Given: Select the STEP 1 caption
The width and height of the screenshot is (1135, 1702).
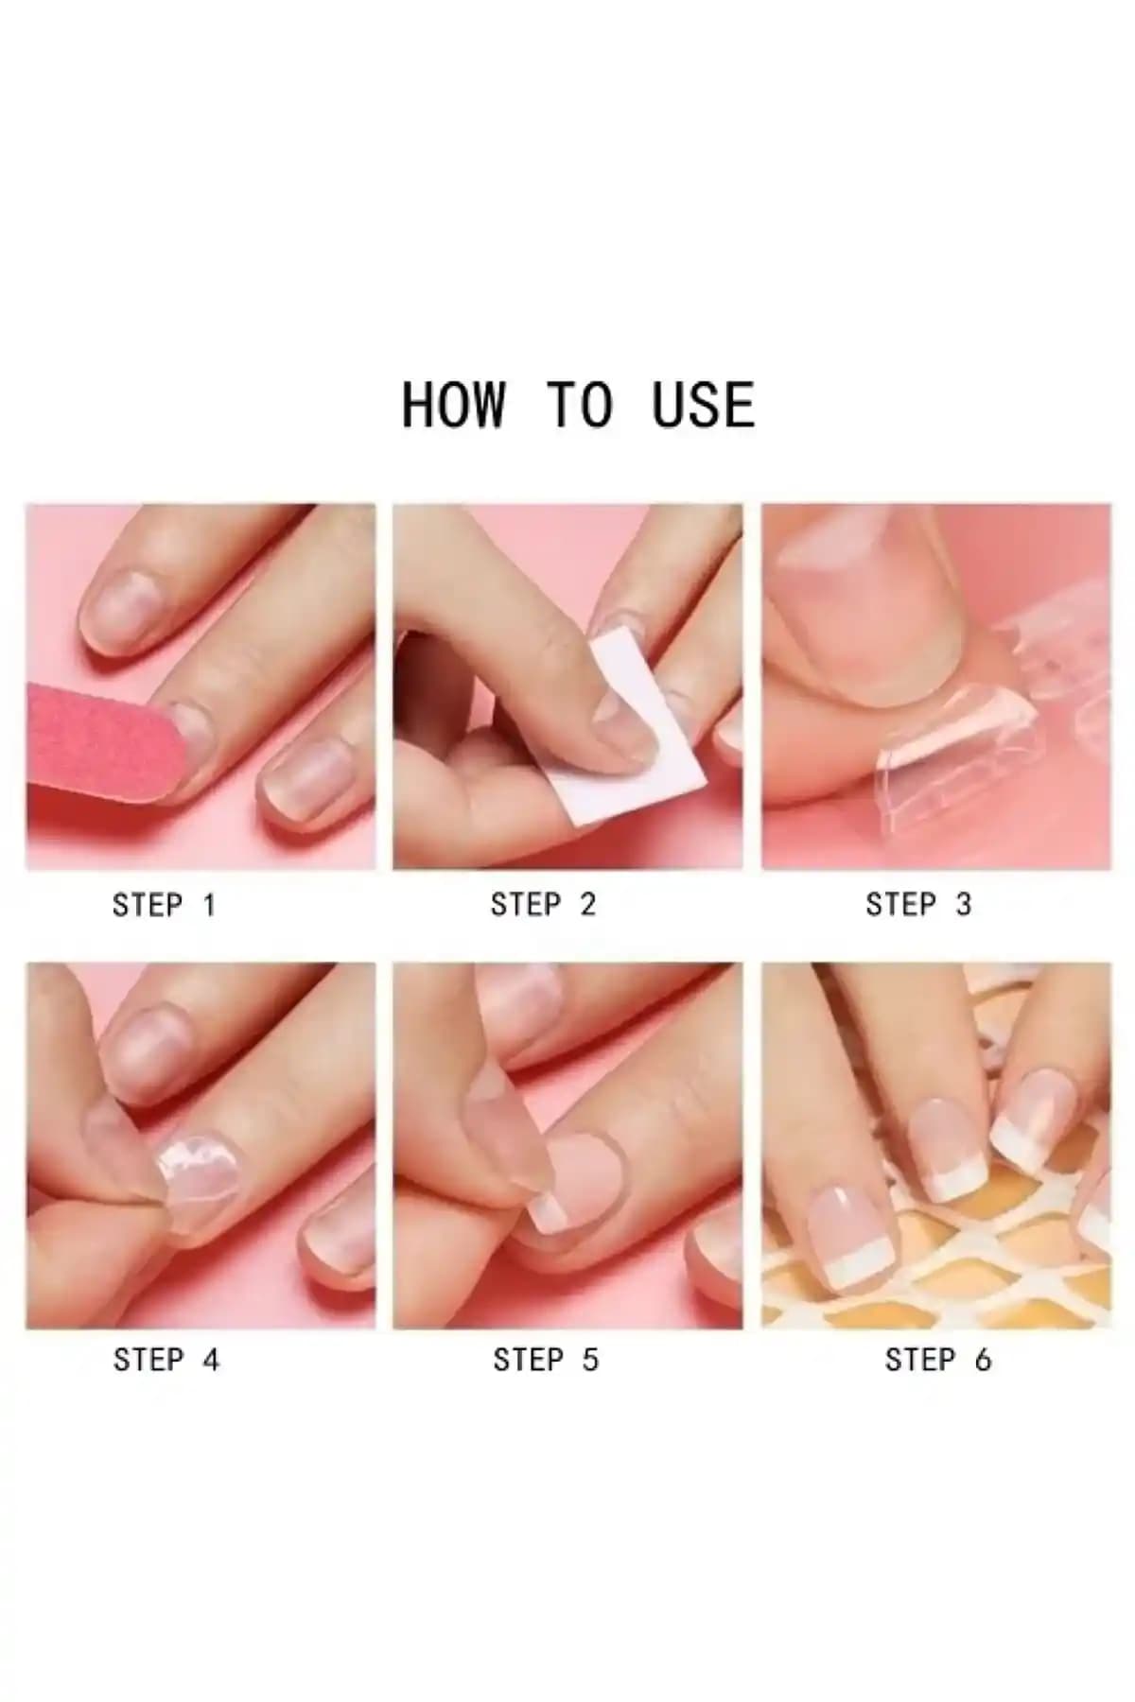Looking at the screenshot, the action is point(165,905).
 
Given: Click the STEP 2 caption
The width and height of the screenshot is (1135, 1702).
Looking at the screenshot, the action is point(543,905).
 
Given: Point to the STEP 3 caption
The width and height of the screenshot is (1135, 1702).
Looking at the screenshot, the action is point(918,905).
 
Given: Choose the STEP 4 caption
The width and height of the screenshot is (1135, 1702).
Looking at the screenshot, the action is point(166,1360).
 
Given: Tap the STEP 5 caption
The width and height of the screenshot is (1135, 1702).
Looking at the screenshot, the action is point(546,1360).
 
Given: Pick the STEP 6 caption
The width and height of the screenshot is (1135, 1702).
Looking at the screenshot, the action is point(938,1360).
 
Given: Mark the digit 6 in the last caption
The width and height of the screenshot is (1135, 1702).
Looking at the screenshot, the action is point(983,1360).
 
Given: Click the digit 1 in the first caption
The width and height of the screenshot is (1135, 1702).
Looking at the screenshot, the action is point(209,905).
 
